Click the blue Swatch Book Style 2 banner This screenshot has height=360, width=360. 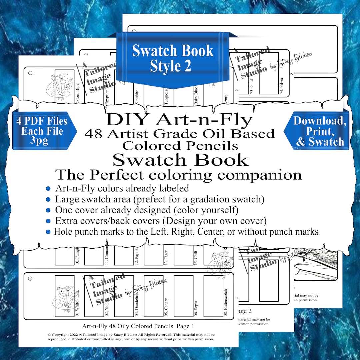(x=172, y=59)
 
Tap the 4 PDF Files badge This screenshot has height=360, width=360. (x=42, y=131)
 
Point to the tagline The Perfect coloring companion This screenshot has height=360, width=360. (x=178, y=175)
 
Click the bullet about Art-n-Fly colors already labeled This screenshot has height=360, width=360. (x=122, y=188)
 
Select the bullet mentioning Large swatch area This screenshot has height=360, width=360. (x=160, y=199)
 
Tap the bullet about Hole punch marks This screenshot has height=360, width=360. (x=186, y=231)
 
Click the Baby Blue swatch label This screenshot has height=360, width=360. (x=196, y=96)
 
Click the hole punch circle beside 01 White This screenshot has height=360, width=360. (x=30, y=278)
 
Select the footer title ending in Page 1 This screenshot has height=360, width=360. (x=138, y=326)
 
